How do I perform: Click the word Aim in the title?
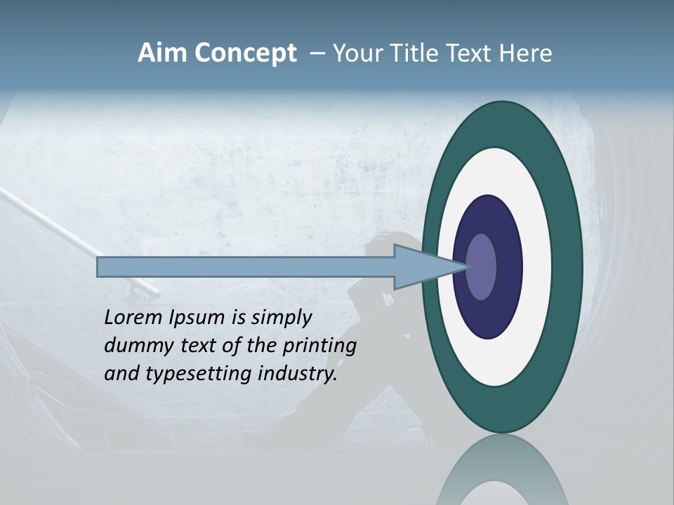click(x=160, y=53)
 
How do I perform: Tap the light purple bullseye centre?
click(x=481, y=267)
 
